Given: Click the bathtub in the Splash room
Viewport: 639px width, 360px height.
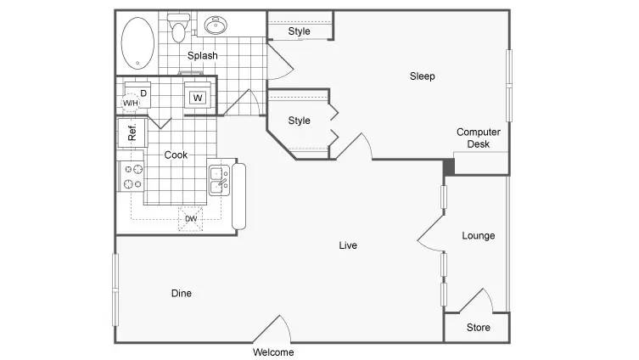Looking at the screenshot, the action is coord(137,43).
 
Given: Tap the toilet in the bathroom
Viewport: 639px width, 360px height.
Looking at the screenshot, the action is coord(178,28).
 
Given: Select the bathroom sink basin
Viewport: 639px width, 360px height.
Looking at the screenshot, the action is coord(216,25).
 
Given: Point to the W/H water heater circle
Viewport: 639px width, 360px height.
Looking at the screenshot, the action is coord(131,103).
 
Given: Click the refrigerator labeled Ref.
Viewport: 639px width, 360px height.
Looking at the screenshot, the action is coord(132,132).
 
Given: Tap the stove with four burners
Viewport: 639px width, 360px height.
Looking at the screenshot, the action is coord(132,176).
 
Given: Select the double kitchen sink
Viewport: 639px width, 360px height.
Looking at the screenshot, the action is coord(219,180).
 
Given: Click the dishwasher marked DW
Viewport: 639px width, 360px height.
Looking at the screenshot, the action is coord(190,219).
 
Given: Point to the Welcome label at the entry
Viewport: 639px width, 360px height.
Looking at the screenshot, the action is coord(273,352).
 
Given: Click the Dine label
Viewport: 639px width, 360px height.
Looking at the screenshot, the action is coord(182,293).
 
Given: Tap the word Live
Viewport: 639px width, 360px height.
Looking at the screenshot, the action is coord(348,245).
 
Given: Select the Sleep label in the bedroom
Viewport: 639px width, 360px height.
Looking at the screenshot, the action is coord(423,76).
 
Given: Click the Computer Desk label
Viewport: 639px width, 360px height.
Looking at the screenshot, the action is coord(479,138).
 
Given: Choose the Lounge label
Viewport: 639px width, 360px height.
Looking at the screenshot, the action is coord(479,236).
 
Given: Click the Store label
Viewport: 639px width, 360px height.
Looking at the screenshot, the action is coord(479,328).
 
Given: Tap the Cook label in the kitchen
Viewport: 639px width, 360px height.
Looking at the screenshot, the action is coord(176,155).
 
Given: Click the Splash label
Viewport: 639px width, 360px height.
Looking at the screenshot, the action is coord(203,55).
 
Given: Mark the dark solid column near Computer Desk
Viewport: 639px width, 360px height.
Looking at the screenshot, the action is coord(449,167).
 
